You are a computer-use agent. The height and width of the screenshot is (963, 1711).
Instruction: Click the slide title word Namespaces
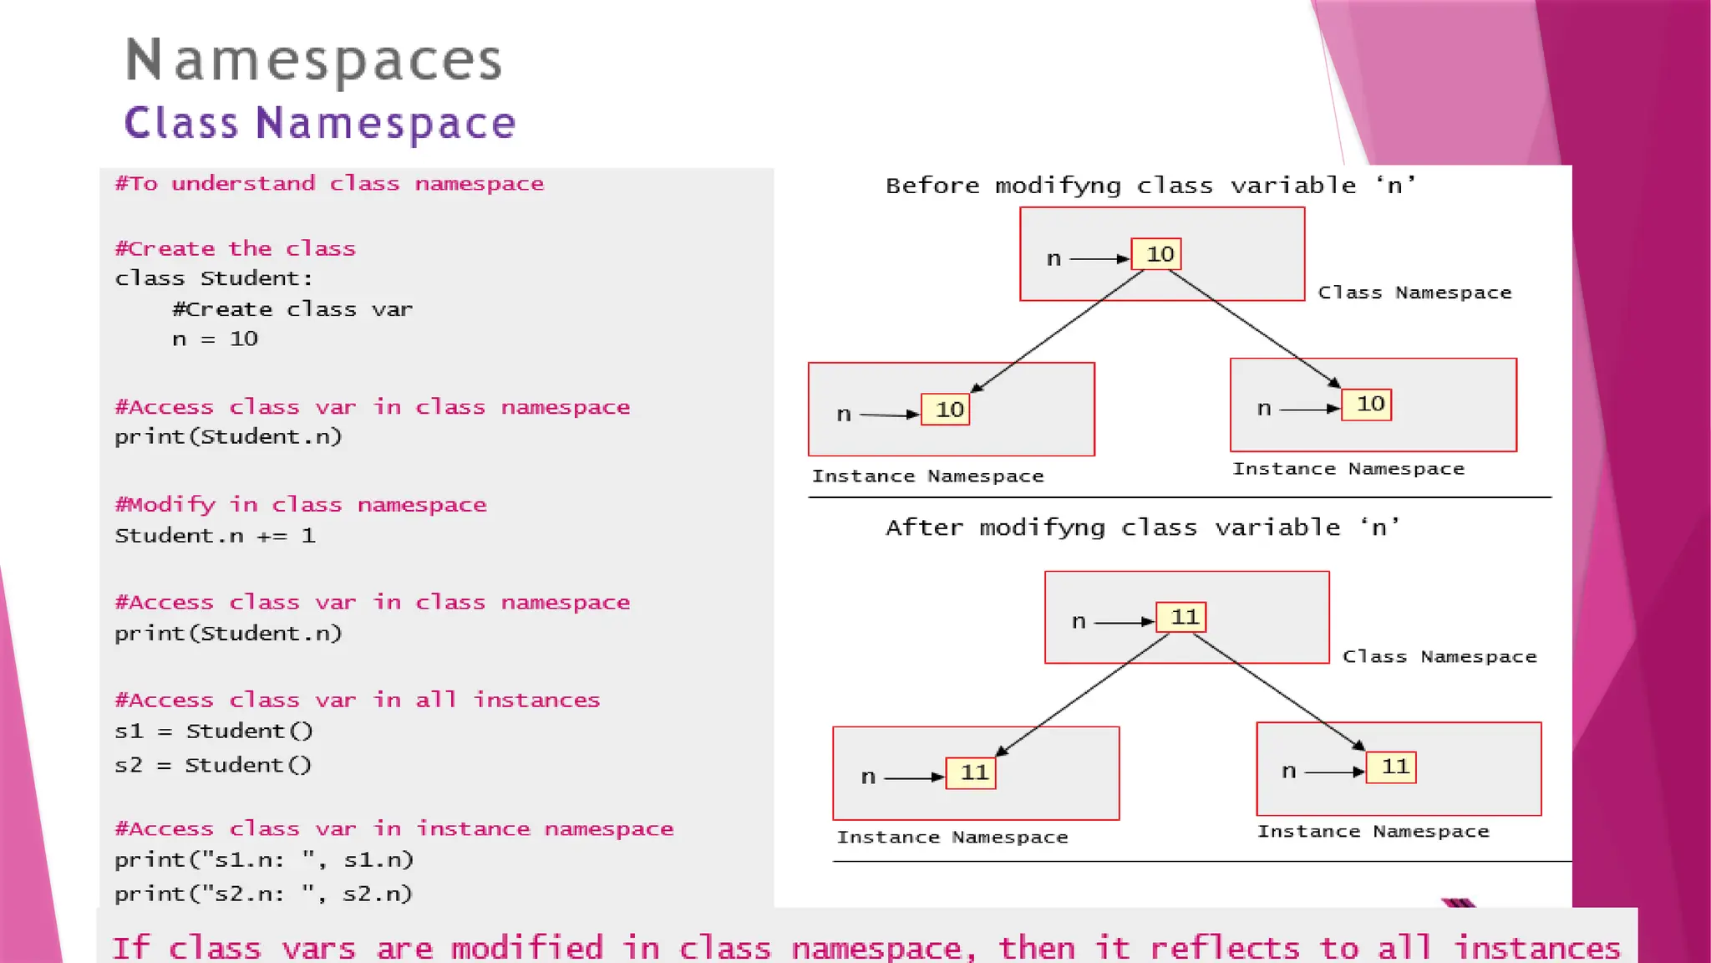click(x=313, y=60)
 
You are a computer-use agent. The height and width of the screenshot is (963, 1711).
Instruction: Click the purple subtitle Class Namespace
click(x=320, y=123)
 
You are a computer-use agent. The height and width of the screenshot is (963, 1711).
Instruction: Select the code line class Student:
click(x=214, y=278)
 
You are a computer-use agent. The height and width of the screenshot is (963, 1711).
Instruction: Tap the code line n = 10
click(x=215, y=339)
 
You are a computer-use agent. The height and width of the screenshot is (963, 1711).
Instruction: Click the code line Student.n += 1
click(x=215, y=536)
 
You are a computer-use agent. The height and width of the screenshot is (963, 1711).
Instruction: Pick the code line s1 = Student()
click(x=214, y=731)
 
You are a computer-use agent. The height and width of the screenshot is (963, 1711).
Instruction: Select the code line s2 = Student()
click(x=213, y=766)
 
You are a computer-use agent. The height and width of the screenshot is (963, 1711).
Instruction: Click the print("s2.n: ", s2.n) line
click(x=263, y=894)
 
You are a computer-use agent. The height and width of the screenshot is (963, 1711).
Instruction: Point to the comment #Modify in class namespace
click(x=301, y=505)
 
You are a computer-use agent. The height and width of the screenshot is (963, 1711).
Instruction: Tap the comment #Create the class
click(x=235, y=249)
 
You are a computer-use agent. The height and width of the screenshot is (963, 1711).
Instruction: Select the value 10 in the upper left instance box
click(x=947, y=410)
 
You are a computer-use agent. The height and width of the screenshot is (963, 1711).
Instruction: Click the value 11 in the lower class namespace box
click(x=1182, y=618)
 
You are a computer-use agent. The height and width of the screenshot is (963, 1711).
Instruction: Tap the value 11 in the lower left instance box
click(x=972, y=772)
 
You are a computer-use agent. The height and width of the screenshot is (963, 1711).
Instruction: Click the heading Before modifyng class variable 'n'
click(x=1150, y=186)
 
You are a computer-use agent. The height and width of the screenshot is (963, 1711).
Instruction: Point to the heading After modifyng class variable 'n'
click(x=1142, y=527)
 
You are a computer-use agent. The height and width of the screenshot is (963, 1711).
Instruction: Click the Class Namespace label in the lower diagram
click(x=1439, y=657)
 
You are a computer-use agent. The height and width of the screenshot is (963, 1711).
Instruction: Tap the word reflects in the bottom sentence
click(x=1225, y=948)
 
